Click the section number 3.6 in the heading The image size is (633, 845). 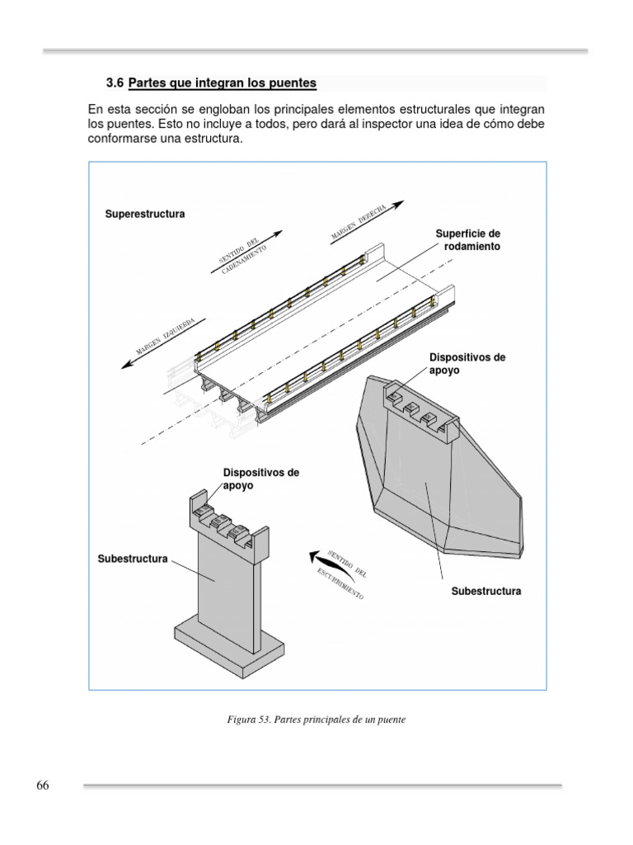pos(115,83)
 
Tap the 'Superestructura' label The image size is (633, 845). pos(145,214)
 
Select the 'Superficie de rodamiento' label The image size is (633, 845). pos(467,240)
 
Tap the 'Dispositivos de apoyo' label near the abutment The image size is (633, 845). pos(467,364)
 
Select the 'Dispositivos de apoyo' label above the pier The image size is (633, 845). pos(260,479)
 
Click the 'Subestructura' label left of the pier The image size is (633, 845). pos(133,559)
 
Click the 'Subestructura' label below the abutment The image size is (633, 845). pos(486,592)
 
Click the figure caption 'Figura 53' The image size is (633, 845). pos(316,720)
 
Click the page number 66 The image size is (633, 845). pos(43,785)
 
